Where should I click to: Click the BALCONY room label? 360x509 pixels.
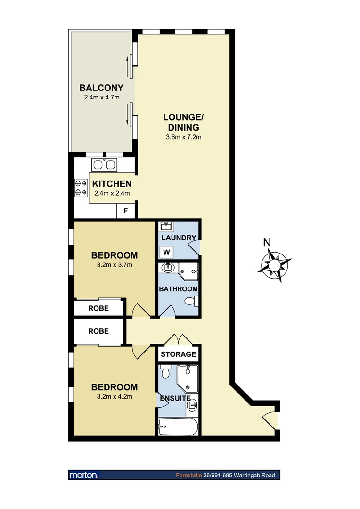point(101,88)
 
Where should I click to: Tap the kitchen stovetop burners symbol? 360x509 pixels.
point(81,188)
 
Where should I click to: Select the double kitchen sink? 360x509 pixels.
point(105,165)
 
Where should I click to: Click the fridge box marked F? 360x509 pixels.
point(126,211)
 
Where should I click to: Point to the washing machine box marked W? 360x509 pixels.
point(167,253)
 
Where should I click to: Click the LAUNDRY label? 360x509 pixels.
point(178,238)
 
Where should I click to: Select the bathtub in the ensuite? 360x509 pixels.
point(179,428)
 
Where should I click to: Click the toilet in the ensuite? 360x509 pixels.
point(165,372)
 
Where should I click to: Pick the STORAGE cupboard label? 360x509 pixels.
point(178,354)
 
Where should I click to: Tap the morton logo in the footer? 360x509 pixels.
point(83,475)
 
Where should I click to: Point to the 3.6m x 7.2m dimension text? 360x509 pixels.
point(183,137)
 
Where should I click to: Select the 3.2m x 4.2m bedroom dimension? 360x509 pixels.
point(115,396)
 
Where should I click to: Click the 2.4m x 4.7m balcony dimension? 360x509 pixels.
point(101,98)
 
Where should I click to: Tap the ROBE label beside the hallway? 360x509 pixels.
point(98,331)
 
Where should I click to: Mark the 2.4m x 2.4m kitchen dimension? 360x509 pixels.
point(111,193)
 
